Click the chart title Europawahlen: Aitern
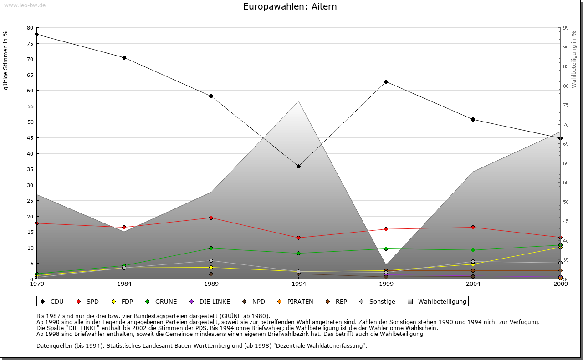coord(290,7)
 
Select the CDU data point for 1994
coord(298,166)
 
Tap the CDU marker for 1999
coord(386,82)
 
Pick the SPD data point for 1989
coord(211,218)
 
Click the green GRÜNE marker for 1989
coord(211,248)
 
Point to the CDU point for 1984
coord(124,58)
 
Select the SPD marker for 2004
coord(473,227)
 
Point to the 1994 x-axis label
coord(299,284)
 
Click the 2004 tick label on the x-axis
coord(473,284)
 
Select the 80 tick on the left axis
coord(30,28)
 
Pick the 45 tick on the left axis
coord(30,138)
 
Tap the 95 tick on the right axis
coord(566,28)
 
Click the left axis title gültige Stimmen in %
coord(6,60)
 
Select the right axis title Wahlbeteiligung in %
coord(573,59)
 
